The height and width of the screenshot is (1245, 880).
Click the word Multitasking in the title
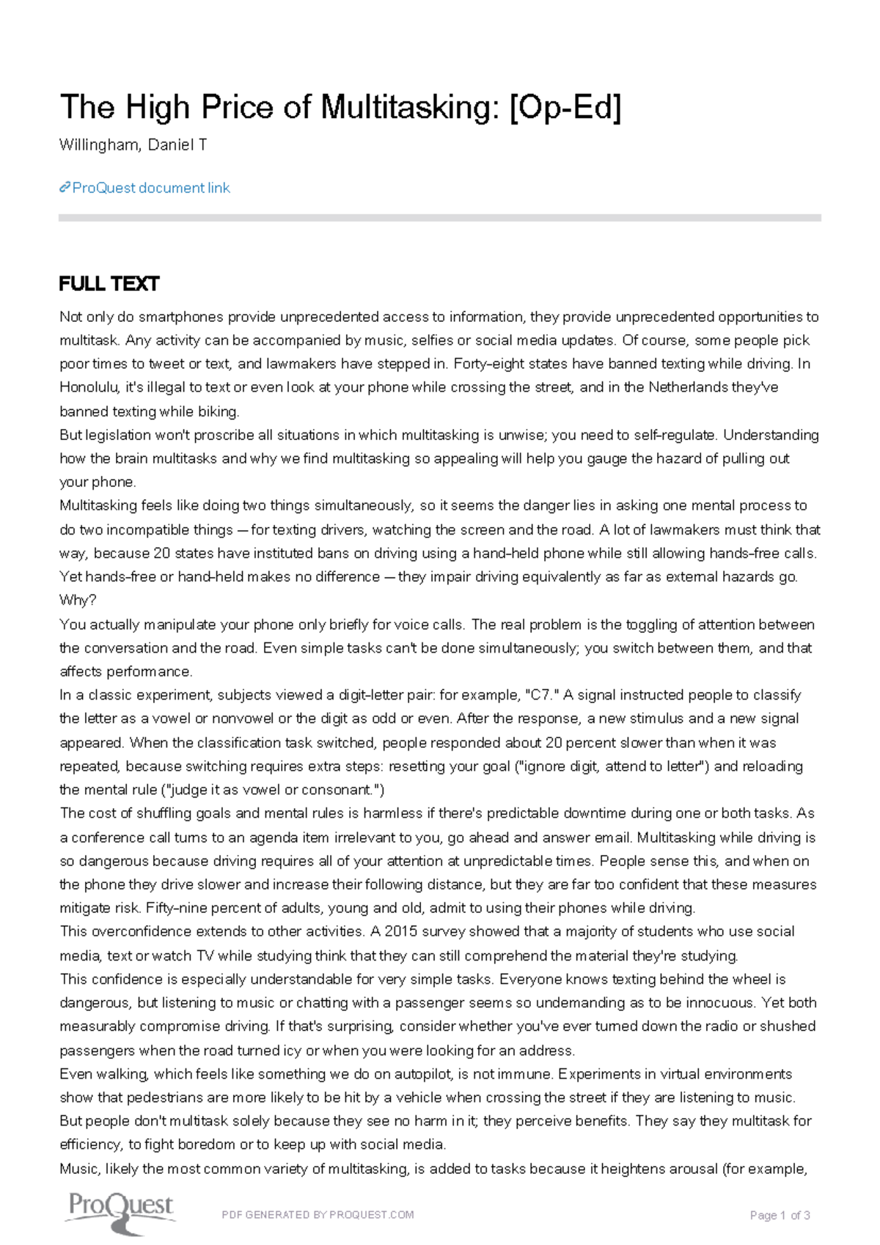pyautogui.click(x=405, y=108)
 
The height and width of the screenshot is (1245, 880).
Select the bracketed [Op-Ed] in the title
pyautogui.click(x=565, y=108)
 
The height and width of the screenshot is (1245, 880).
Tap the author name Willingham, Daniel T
pyautogui.click(x=133, y=145)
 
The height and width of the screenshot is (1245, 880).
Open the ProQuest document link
pyautogui.click(x=151, y=188)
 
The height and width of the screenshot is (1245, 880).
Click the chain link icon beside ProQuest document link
pyautogui.click(x=65, y=188)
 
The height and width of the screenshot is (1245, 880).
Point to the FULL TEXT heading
pyautogui.click(x=109, y=284)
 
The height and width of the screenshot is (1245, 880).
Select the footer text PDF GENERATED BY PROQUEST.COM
pyautogui.click(x=318, y=1215)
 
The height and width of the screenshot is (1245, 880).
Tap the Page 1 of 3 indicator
pyautogui.click(x=780, y=1216)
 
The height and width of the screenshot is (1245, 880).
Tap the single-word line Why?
pyautogui.click(x=78, y=601)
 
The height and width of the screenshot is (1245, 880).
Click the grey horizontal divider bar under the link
pyautogui.click(x=440, y=218)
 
